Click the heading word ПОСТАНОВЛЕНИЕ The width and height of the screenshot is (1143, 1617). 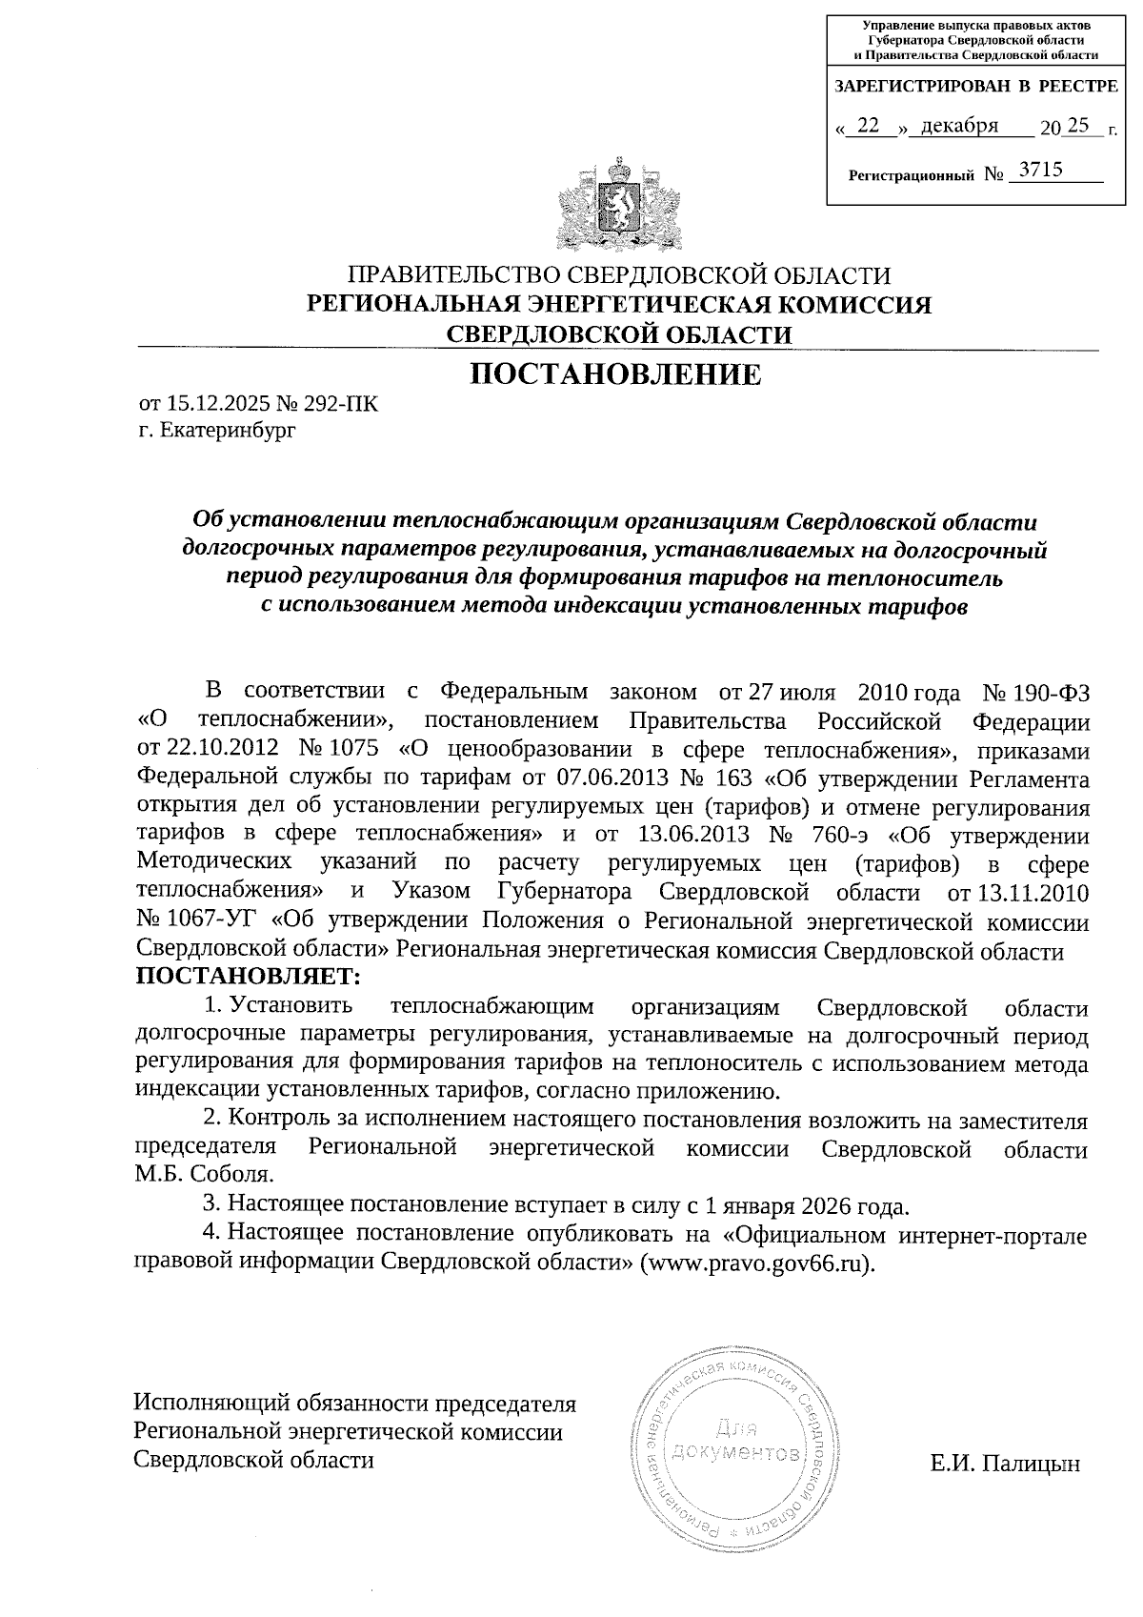tap(617, 374)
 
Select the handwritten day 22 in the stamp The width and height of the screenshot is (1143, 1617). tap(868, 125)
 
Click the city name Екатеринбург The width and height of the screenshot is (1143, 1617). tap(228, 431)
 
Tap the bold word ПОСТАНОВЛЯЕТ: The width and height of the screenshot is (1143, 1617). tap(249, 977)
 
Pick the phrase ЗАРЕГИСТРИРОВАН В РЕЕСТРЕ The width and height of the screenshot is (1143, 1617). tap(975, 86)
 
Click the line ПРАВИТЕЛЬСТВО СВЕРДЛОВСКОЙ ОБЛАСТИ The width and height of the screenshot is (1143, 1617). tap(619, 275)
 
